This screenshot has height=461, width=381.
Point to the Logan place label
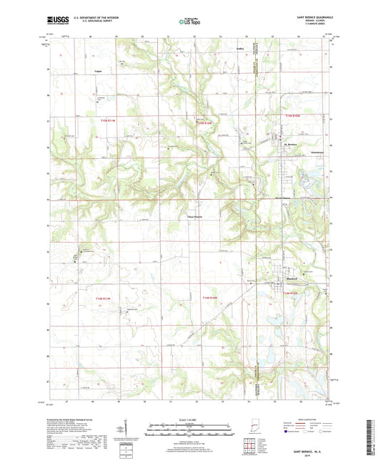click(x=98, y=71)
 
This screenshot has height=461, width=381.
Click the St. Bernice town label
click(x=290, y=144)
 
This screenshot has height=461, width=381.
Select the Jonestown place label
click(x=319, y=153)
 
